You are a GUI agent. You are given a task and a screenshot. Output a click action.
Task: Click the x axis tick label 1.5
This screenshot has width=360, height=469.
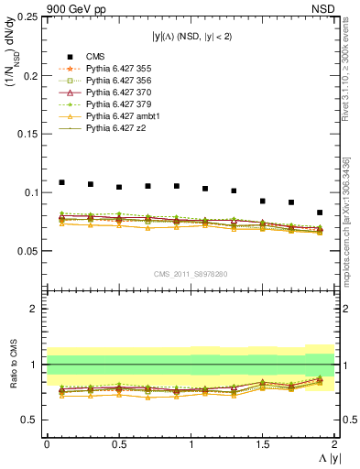[x=263, y=444]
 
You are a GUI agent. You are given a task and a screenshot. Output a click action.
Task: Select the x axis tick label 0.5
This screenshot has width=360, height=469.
[x=118, y=444]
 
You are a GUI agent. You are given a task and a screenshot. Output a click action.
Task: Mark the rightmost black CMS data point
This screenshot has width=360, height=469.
[x=320, y=213]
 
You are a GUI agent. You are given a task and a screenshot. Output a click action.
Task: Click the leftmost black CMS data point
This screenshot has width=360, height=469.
[x=61, y=182]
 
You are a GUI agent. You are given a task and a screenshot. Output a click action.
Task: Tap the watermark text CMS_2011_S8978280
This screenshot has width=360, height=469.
[x=191, y=272]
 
